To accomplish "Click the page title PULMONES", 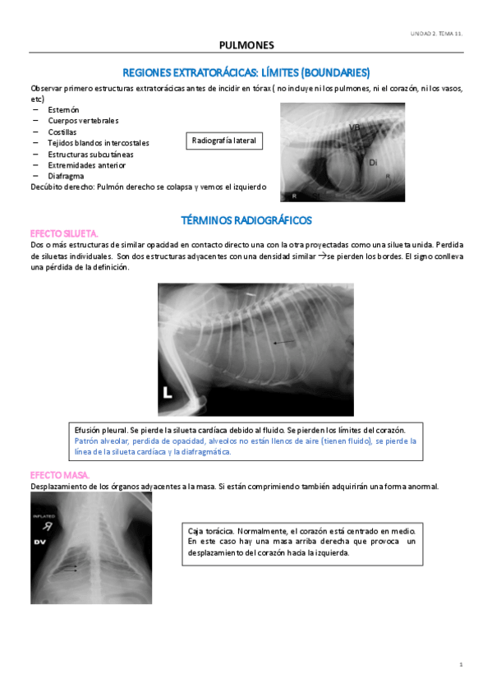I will click(x=246, y=44).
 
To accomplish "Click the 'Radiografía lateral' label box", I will click(x=224, y=141).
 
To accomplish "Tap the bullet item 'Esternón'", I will click(x=63, y=109).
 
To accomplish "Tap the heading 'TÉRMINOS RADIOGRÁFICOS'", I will click(x=246, y=220).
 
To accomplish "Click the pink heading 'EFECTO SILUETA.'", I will click(x=64, y=233).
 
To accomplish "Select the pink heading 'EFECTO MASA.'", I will click(x=60, y=475).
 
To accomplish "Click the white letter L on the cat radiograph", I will click(x=168, y=394).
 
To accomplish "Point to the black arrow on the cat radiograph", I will click(x=284, y=341).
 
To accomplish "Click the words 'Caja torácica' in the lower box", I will click(x=215, y=530).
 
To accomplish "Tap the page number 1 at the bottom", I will click(x=462, y=663).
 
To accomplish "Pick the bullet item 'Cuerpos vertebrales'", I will click(x=83, y=121).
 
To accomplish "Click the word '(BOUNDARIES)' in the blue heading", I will click(x=335, y=72).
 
